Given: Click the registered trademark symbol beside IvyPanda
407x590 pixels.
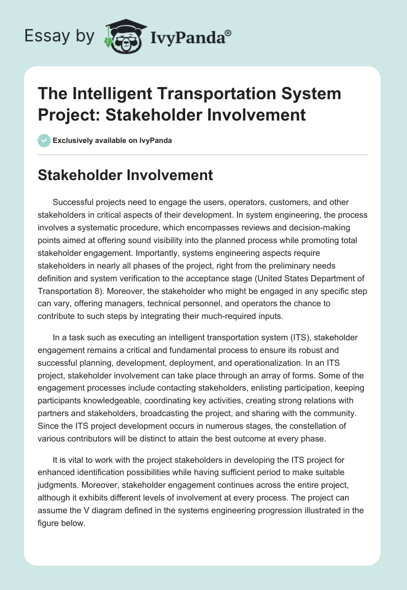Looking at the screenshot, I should point(228,33).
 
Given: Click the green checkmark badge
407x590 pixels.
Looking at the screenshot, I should point(44,140).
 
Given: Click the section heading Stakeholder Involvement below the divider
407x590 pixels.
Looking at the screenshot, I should point(126,175).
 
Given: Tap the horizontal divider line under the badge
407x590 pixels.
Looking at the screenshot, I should point(203,154).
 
